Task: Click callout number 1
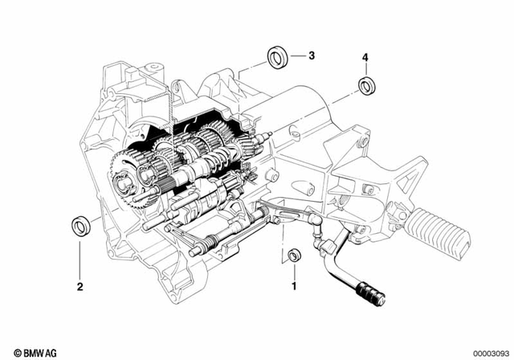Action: coord(294,285)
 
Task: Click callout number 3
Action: coord(312,55)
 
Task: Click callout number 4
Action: coord(365,58)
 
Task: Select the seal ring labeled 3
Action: coord(278,59)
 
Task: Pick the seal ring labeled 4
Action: coord(366,84)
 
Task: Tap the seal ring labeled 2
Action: coord(80,224)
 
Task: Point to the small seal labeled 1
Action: coord(294,256)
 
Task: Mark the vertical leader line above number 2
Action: coord(80,257)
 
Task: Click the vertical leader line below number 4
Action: coord(365,69)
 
